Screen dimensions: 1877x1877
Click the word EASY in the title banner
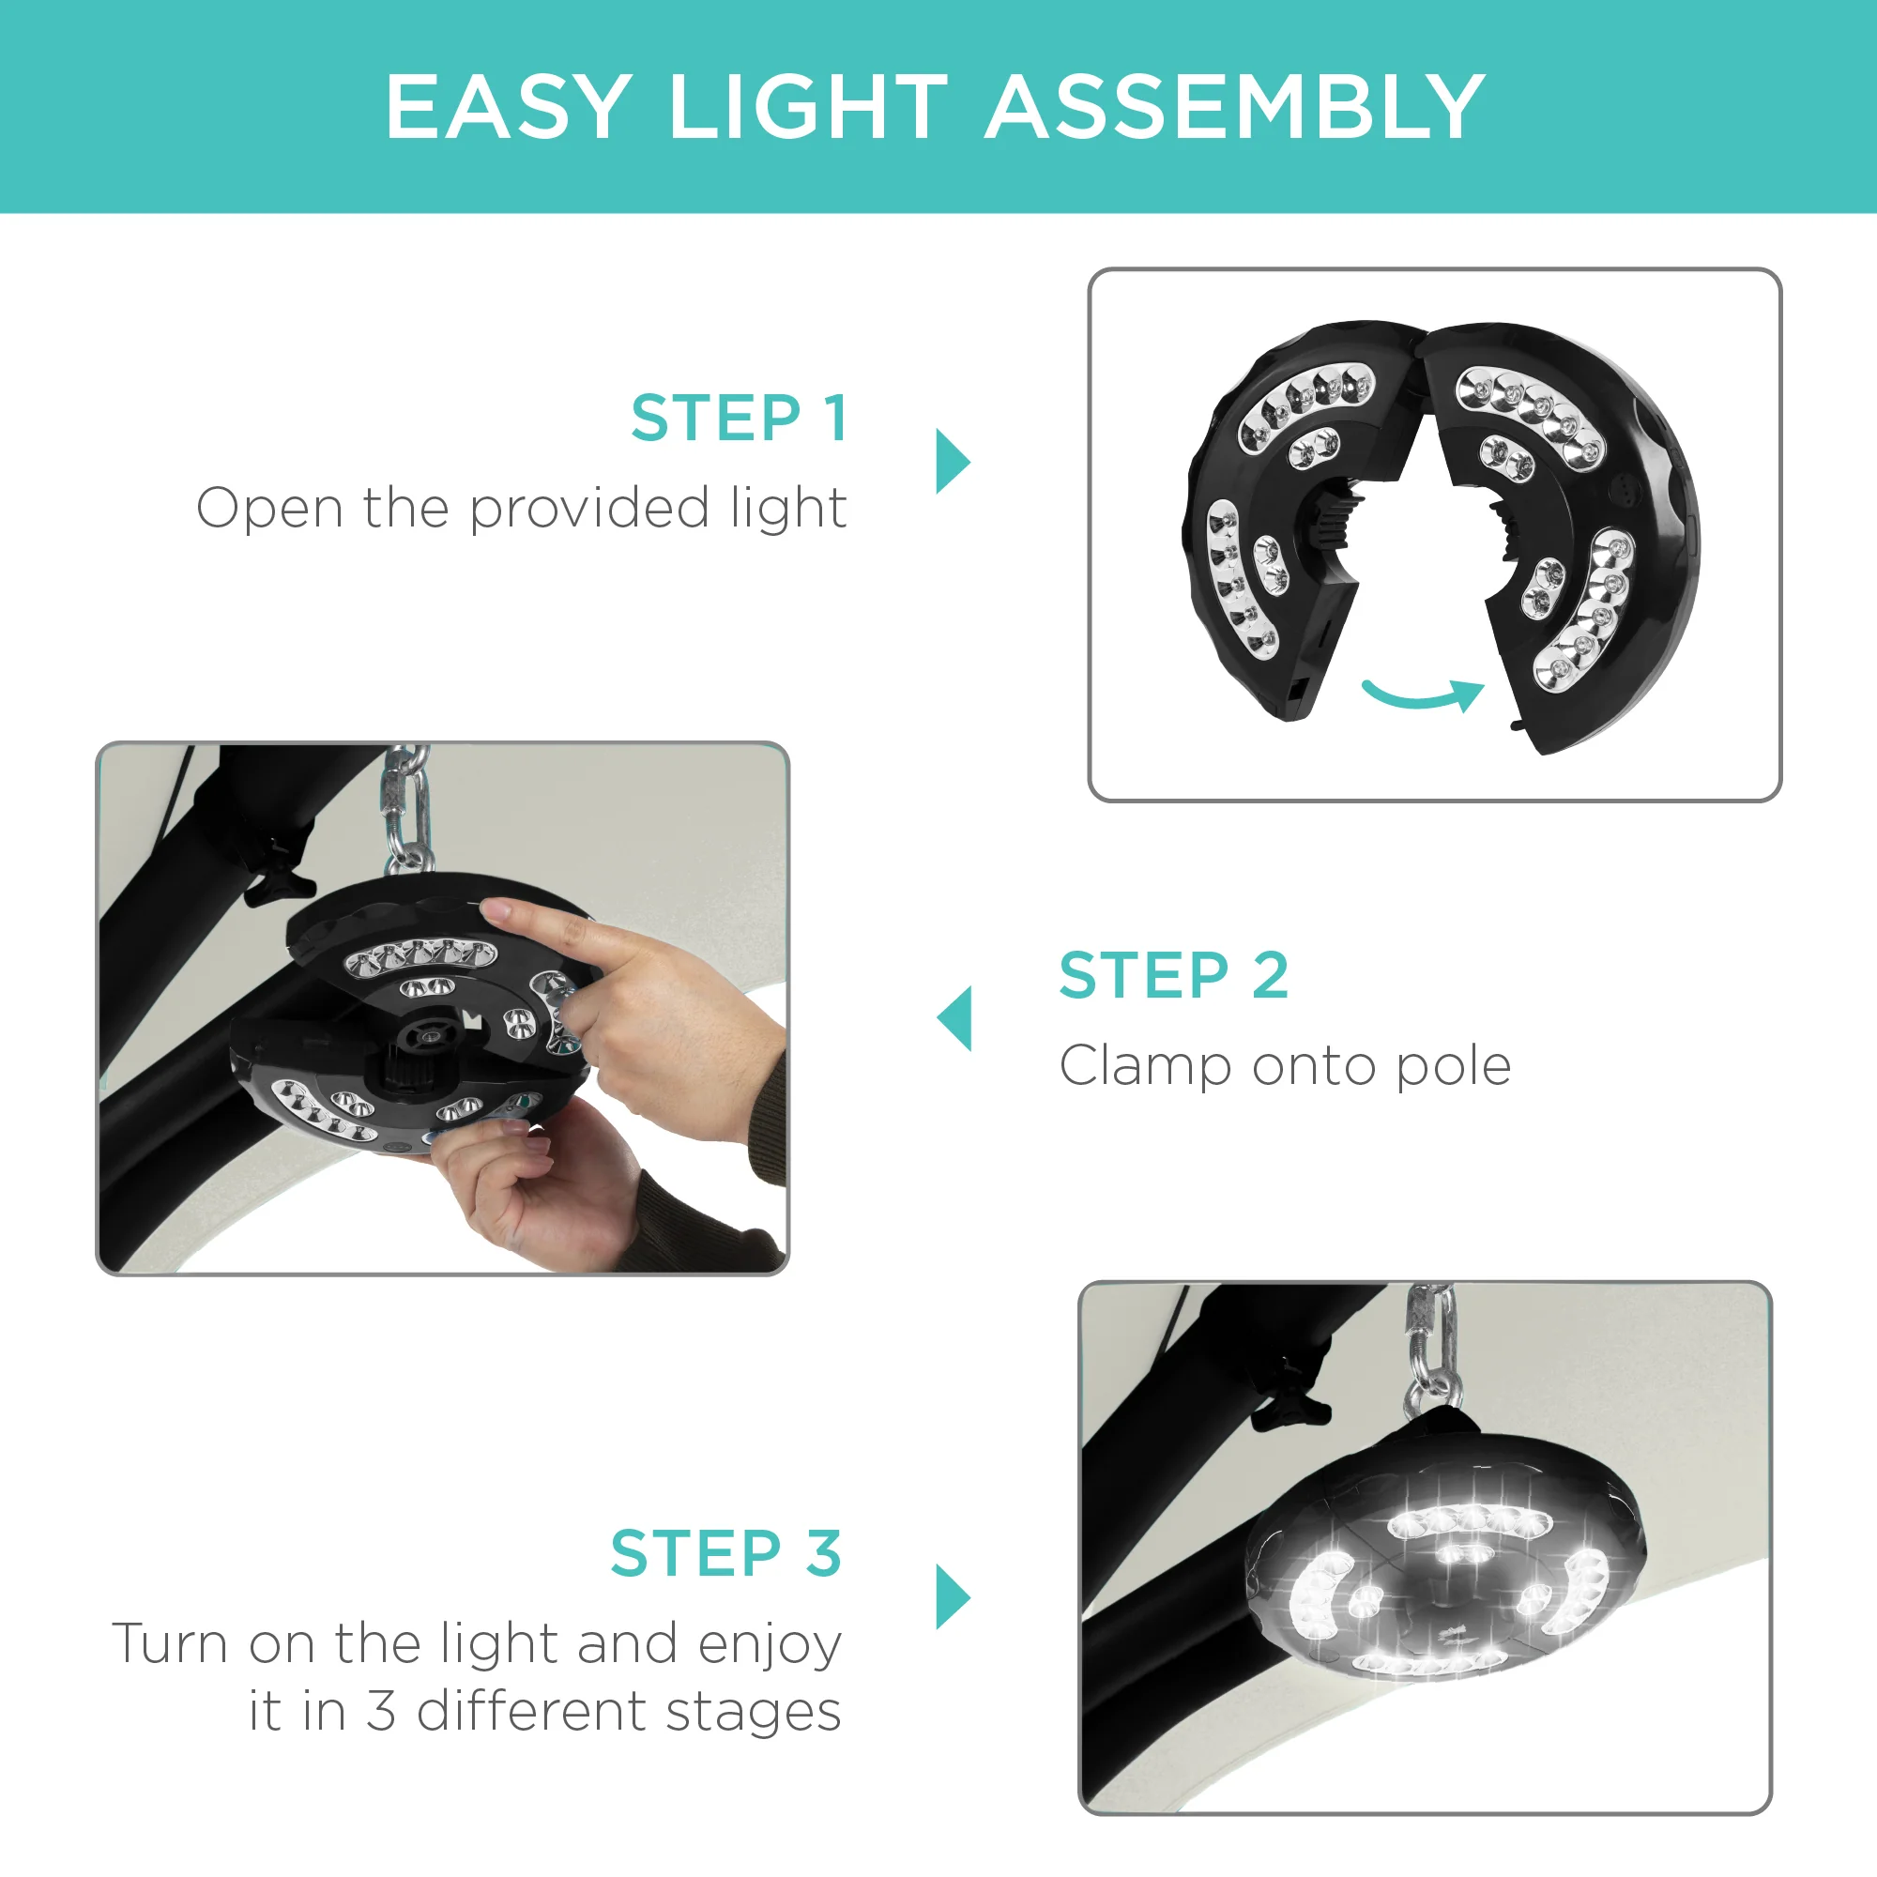tap(508, 107)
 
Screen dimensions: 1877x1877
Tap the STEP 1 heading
tap(740, 419)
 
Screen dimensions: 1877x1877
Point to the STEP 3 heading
tap(725, 1553)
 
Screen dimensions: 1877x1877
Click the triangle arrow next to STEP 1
tap(952, 461)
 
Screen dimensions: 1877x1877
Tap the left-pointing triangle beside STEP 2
tap(954, 1018)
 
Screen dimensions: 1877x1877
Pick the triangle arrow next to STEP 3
tap(952, 1596)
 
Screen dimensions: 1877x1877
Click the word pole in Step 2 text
tap(1454, 1067)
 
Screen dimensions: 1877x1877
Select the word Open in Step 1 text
tap(269, 508)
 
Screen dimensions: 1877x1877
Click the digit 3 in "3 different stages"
tap(381, 1712)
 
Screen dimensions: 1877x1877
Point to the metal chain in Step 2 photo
tap(406, 806)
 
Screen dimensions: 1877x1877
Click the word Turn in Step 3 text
tap(169, 1644)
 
